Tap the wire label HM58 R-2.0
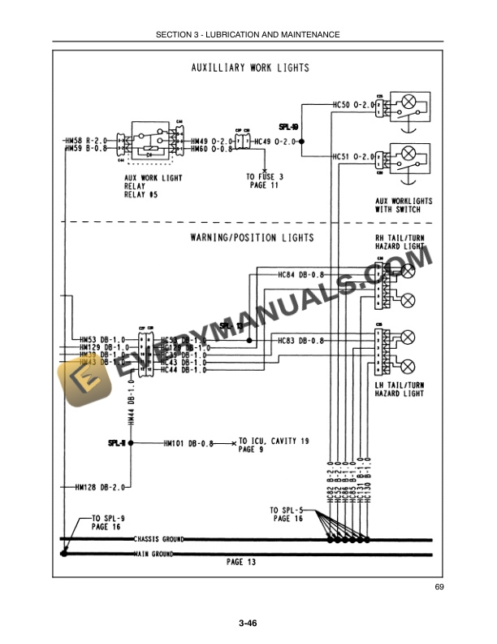pos(87,141)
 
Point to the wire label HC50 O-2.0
pos(352,105)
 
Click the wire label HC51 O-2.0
pos(352,156)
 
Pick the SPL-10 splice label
pos(288,128)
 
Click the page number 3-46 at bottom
pos(248,624)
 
